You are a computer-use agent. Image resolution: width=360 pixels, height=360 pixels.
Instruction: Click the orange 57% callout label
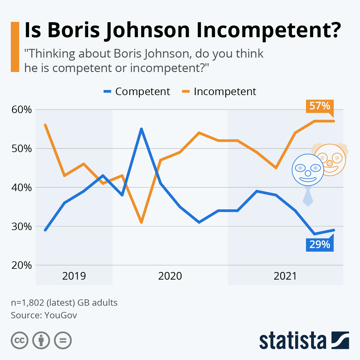pyautogui.click(x=319, y=106)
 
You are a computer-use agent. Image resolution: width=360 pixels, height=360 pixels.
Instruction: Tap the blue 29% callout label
pyautogui.click(x=319, y=244)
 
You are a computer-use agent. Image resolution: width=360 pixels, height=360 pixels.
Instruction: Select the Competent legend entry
pyautogui.click(x=137, y=91)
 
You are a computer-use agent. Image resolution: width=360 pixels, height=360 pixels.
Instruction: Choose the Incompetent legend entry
pyautogui.click(x=219, y=91)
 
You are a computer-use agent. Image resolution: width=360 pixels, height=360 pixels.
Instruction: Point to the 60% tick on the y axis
pyautogui.click(x=22, y=110)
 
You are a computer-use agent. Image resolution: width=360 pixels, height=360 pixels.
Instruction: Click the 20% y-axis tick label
pyautogui.click(x=22, y=265)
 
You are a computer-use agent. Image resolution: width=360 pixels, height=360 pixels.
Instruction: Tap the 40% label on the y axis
pyautogui.click(x=22, y=187)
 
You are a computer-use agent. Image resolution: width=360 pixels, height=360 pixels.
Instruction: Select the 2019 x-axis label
pyautogui.click(x=74, y=276)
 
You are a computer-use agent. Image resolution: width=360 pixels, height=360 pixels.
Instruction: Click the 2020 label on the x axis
pyautogui.click(x=170, y=276)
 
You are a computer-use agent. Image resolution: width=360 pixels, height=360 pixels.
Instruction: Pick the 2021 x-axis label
pyautogui.click(x=285, y=276)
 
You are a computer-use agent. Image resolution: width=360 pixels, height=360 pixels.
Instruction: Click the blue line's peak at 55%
pyautogui.click(x=141, y=129)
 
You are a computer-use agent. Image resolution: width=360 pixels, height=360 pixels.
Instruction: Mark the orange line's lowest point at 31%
pyautogui.click(x=141, y=222)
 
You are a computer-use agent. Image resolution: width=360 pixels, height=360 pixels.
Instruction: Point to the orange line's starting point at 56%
pyautogui.click(x=45, y=125)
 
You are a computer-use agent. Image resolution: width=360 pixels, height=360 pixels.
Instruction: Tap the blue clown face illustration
pyautogui.click(x=308, y=170)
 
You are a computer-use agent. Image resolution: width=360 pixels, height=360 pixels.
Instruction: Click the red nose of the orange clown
pyautogui.click(x=330, y=163)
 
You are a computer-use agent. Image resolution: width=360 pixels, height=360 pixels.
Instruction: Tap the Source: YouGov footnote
pyautogui.click(x=44, y=315)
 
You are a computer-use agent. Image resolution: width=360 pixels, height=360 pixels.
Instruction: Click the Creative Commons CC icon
pyautogui.click(x=19, y=340)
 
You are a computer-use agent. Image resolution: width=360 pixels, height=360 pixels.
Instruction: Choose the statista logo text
pyautogui.click(x=292, y=340)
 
